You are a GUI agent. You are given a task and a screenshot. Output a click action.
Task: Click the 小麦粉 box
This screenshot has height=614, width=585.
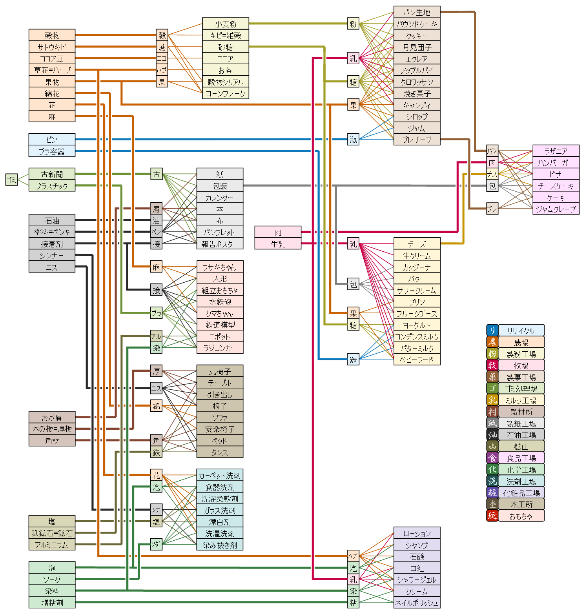225,24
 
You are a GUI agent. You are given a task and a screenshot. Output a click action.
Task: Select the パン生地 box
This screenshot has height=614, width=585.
417,12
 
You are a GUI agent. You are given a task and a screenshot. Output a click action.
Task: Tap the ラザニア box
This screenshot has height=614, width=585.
556,151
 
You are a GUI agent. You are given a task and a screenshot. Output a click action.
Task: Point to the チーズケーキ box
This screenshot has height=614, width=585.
556,186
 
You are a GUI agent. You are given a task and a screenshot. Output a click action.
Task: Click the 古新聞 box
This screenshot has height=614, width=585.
52,174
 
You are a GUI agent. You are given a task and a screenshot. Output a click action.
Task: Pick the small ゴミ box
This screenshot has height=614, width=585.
11,180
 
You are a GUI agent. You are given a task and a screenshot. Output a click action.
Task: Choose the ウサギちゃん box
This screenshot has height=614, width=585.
220,267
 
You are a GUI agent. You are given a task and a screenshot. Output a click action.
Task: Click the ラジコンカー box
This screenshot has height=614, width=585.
220,348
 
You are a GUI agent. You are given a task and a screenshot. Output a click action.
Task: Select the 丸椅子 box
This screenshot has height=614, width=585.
220,371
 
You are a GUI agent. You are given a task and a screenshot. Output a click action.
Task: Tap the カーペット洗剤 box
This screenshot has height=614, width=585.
220,475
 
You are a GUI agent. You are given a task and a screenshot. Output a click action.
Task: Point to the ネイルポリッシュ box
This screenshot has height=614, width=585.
417,603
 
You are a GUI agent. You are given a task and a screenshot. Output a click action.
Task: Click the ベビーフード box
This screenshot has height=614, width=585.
417,360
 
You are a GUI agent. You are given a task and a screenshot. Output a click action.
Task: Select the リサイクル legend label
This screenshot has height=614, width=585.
521,330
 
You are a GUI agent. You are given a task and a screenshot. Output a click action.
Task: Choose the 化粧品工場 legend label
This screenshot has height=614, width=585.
521,493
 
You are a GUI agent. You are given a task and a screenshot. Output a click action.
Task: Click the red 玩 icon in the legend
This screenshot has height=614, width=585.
492,516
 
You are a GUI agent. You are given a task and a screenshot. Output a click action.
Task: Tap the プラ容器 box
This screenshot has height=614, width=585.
52,151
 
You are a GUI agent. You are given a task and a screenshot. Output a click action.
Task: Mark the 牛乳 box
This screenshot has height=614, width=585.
278,244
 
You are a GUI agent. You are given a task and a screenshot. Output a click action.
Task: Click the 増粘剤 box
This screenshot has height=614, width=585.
52,603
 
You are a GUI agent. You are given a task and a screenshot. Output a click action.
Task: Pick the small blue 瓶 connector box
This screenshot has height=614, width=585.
353,139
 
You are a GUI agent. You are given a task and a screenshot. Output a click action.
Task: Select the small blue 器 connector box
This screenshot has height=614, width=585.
353,360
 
